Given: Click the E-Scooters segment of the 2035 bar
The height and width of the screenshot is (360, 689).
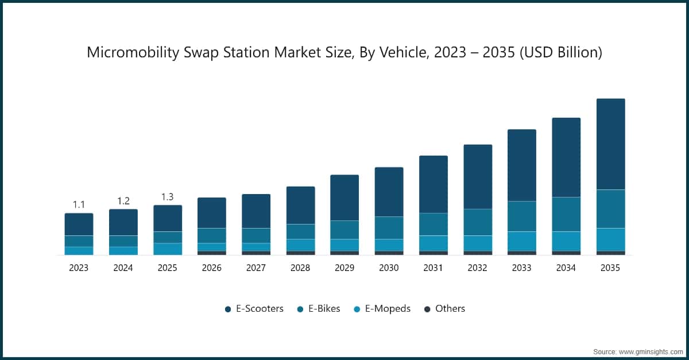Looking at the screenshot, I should point(610,144).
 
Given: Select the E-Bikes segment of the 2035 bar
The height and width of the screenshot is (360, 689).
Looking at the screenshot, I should point(610,209).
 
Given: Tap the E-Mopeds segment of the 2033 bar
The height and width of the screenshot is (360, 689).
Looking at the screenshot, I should point(521,241).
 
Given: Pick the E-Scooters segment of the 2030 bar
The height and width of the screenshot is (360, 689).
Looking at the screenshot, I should point(389,192).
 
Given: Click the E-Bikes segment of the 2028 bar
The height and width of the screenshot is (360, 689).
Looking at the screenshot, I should point(300,231).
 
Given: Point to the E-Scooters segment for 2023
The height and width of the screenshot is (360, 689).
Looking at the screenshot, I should point(79,224).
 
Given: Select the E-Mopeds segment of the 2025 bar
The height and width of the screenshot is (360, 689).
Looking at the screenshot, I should point(167,249).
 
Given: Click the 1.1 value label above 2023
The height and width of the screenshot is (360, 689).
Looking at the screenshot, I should point(79,204).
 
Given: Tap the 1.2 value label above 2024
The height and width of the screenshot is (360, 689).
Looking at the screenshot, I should point(123,200).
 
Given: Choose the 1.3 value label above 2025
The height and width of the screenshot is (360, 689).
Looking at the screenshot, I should point(167,196).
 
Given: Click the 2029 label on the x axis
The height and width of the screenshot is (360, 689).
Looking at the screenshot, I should point(344,268).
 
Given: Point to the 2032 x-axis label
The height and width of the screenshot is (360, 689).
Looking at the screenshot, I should point(477,268).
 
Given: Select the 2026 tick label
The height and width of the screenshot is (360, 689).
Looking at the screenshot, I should point(211,268).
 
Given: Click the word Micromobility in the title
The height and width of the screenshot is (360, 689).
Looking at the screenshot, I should point(131,53).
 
